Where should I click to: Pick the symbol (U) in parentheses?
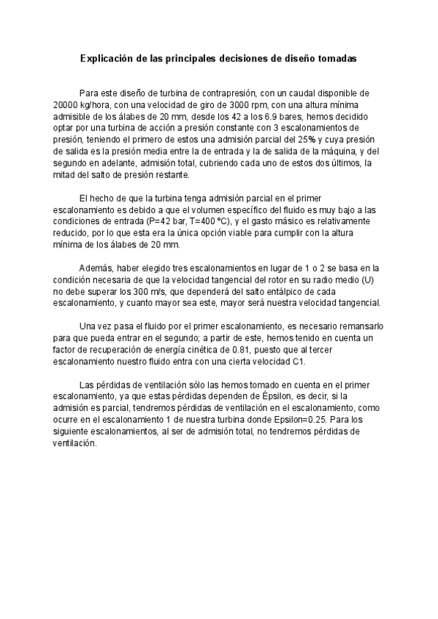click(362, 280)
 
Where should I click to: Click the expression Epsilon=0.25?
click(288, 420)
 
